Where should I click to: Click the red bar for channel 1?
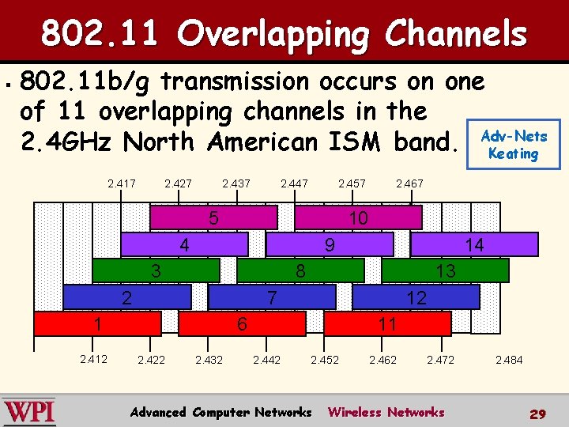tap(97, 323)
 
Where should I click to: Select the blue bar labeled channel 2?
tap(126, 297)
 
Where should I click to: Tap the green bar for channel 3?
tap(156, 271)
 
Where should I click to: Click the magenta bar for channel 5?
tap(213, 217)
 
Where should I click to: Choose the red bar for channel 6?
tap(243, 323)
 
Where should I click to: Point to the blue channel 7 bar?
tap(272, 297)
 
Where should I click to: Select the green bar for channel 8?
tap(300, 271)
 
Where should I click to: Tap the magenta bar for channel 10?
tap(358, 217)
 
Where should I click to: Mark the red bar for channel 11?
tap(387, 323)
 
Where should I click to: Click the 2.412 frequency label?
tap(94, 360)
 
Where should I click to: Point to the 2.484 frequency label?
tap(509, 360)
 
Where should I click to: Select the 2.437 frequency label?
tap(236, 183)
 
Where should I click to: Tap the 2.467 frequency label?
tap(409, 183)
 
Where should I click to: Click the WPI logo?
tap(29, 412)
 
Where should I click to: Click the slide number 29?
tap(537, 414)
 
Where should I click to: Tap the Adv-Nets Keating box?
tap(514, 145)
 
